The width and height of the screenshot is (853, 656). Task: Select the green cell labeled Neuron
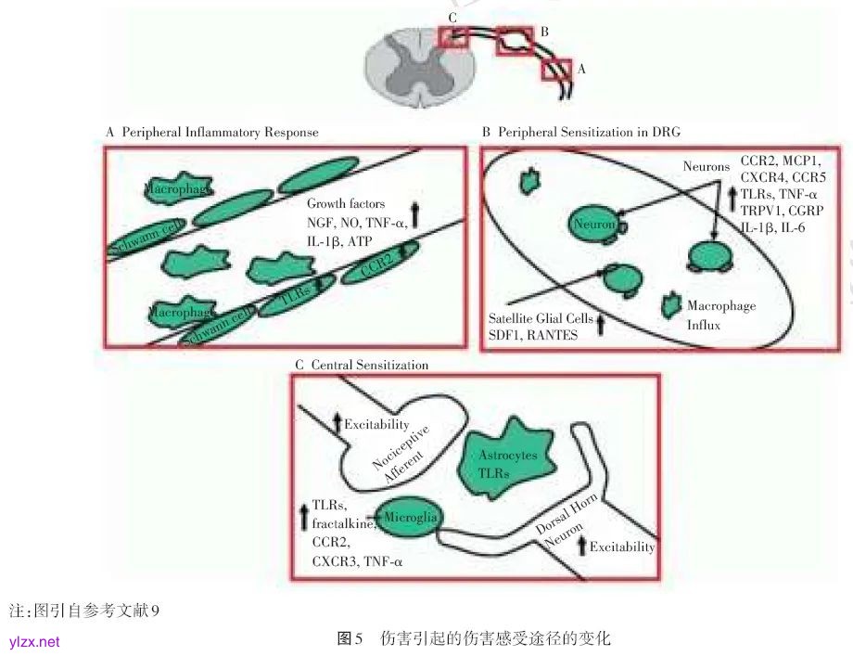coord(594,225)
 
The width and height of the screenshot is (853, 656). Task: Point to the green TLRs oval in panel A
coord(294,299)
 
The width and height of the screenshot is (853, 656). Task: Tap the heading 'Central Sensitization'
coord(370,366)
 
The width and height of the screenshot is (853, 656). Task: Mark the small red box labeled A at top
coord(557,70)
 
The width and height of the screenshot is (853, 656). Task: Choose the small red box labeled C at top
coord(453,35)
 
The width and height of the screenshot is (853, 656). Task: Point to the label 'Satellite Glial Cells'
coord(541,319)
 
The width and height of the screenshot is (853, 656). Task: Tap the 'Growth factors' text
coord(346,203)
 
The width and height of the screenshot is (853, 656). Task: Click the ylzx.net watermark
coord(34,641)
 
